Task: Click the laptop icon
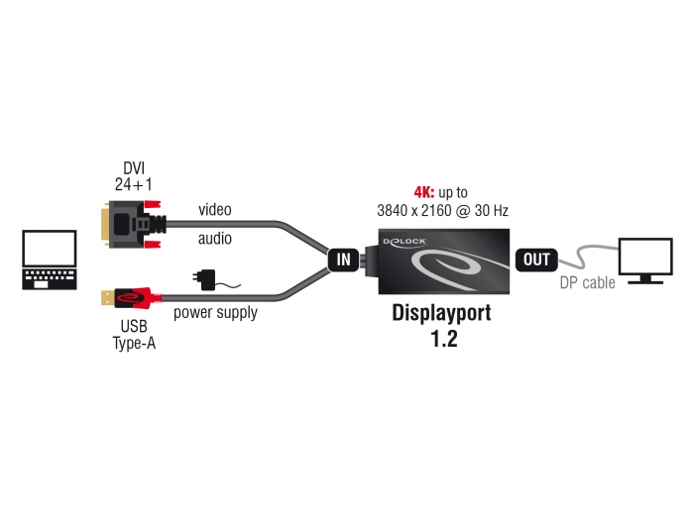click(x=50, y=260)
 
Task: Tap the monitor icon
click(x=645, y=261)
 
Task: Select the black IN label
click(x=343, y=260)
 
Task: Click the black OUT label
click(x=536, y=260)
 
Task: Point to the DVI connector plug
click(x=133, y=224)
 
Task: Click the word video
click(x=215, y=209)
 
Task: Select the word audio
click(x=215, y=239)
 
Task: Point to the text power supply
click(x=215, y=313)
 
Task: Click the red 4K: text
click(x=424, y=192)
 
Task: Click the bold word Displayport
click(x=442, y=313)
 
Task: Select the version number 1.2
click(x=444, y=339)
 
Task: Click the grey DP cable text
click(x=587, y=282)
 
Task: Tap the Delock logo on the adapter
click(x=405, y=242)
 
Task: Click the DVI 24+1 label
click(x=133, y=176)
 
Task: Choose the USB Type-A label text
click(x=134, y=335)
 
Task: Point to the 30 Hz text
click(x=492, y=211)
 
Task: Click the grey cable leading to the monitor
click(x=583, y=257)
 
